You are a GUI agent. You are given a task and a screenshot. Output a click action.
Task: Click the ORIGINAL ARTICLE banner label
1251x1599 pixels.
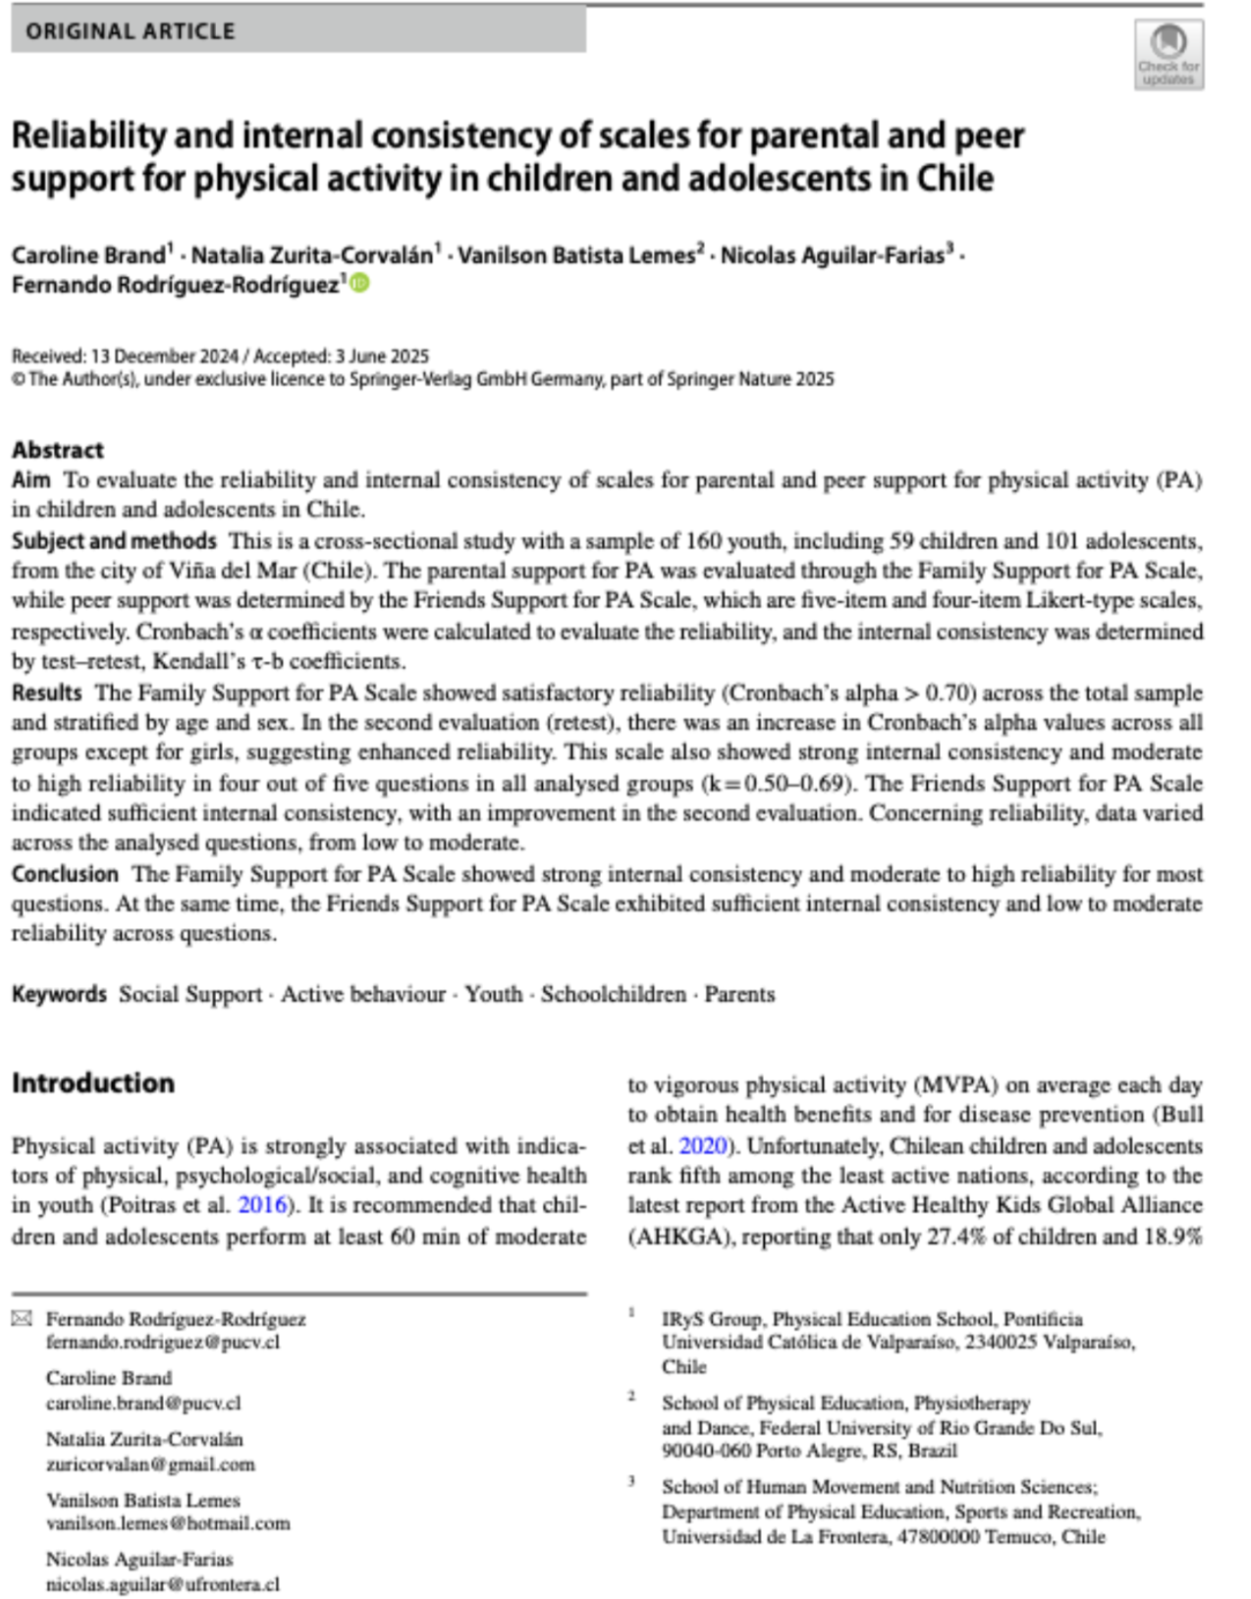131,31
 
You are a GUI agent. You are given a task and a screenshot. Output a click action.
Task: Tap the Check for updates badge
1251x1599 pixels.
1169,55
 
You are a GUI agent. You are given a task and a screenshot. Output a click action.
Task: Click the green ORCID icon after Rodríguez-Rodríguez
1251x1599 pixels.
360,284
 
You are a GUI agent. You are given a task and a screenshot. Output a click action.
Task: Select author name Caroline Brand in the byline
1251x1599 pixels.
88,255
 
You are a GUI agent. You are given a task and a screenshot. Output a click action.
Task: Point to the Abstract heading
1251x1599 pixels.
58,450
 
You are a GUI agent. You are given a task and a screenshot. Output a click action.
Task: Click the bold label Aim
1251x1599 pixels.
31,480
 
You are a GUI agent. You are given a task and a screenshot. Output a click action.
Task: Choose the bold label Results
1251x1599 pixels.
47,692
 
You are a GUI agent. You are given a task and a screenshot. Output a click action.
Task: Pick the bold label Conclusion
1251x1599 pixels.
65,874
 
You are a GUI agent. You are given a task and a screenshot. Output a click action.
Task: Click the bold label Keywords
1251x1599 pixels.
59,994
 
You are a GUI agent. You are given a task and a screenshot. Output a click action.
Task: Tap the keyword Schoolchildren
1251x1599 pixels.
613,994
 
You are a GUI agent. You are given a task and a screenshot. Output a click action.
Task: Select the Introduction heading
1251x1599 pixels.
93,1082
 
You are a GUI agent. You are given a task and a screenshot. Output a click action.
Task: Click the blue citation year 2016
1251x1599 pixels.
263,1205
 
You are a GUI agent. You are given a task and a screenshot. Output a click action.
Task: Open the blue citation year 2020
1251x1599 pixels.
703,1146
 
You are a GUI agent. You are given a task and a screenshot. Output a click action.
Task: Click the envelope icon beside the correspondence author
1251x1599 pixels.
22,1318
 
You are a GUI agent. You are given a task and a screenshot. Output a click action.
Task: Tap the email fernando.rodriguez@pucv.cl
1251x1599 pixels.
163,1342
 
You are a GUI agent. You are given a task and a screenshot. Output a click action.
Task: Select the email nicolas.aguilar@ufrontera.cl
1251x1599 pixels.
163,1583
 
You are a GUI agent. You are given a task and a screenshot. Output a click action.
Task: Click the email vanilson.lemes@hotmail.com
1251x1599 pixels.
168,1523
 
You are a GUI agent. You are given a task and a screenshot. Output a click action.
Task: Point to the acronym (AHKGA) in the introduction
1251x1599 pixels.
680,1237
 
